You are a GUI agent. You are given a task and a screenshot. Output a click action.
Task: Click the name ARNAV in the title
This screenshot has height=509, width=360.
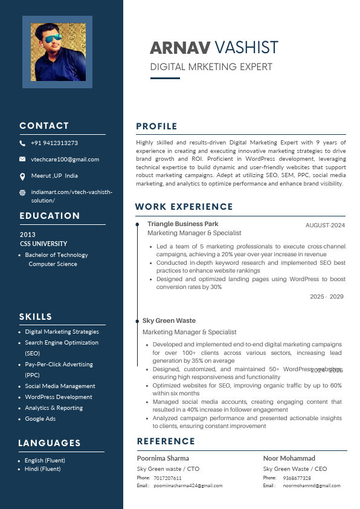180,48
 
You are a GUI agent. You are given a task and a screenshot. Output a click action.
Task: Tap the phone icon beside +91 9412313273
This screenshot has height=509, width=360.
22,144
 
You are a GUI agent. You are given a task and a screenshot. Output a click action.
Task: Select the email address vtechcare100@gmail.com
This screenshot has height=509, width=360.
65,160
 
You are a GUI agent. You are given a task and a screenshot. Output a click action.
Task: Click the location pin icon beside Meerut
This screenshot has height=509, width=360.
22,176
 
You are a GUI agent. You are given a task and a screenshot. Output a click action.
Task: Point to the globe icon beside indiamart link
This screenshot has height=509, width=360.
22,192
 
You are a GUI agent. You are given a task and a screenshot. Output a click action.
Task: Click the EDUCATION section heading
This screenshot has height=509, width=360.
50,216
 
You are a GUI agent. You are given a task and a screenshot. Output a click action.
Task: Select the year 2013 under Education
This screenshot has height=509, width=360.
28,235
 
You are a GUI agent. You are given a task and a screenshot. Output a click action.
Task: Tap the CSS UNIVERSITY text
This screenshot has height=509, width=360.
43,244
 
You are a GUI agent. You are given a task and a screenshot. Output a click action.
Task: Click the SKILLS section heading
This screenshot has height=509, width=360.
36,317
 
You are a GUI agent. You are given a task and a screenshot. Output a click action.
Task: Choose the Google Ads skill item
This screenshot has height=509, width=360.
40,419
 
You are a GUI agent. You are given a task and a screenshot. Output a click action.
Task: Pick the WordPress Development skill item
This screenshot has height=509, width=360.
59,397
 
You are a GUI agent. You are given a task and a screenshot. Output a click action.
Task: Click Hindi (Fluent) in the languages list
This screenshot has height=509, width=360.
42,469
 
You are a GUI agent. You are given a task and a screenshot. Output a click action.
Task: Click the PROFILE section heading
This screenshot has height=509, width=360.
156,126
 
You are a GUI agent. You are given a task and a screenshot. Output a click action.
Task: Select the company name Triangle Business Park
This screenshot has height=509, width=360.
183,224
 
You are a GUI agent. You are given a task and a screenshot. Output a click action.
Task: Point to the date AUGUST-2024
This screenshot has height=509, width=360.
325,225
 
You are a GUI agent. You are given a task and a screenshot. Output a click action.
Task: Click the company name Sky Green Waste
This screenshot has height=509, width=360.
169,321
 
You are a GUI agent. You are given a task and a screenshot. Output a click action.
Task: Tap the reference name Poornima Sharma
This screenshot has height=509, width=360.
163,458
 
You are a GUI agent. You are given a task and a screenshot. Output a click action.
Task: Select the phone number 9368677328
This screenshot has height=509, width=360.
297,478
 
